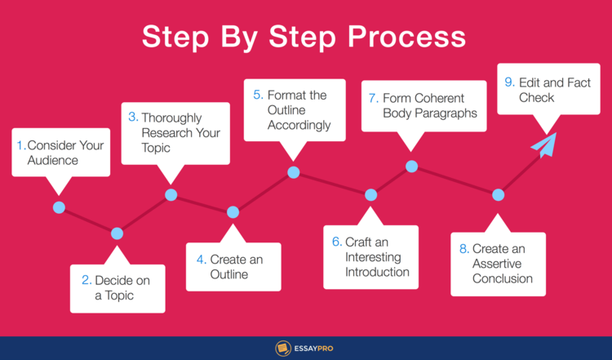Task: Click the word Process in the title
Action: [x=406, y=37]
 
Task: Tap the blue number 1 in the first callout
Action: [x=20, y=145]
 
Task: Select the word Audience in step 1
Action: [x=53, y=161]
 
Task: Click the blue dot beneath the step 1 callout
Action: [x=59, y=207]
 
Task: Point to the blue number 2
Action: [x=86, y=280]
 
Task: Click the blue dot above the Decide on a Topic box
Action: [x=117, y=233]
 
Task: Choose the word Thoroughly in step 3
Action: [x=171, y=118]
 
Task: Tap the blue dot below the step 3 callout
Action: [x=171, y=194]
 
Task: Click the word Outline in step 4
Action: [x=229, y=274]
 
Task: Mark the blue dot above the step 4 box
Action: [x=233, y=212]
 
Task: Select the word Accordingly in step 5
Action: [x=299, y=126]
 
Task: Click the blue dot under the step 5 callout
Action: [x=294, y=172]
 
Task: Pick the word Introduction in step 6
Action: [x=377, y=272]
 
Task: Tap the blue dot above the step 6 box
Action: [x=370, y=194]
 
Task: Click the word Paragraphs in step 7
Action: [x=446, y=113]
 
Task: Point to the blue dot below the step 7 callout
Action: [x=412, y=167]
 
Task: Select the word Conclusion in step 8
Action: [x=503, y=279]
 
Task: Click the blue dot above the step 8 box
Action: [x=498, y=194]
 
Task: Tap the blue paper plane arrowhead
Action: [x=545, y=144]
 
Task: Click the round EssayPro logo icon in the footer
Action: [x=283, y=349]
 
